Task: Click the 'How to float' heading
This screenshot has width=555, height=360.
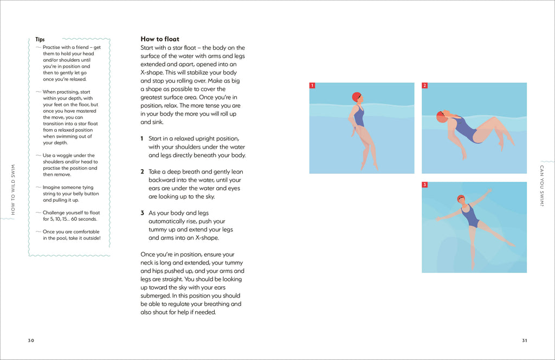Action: point(160,39)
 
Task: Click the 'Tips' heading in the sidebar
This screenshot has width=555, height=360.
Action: point(40,40)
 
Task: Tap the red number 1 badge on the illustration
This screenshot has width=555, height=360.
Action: point(312,86)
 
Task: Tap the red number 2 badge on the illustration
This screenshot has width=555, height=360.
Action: point(425,86)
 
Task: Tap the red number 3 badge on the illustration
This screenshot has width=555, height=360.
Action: point(425,185)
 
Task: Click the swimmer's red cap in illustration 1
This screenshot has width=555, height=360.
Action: point(356,97)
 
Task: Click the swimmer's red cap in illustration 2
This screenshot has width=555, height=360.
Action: point(441,117)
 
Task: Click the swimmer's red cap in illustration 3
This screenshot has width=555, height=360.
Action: point(461,198)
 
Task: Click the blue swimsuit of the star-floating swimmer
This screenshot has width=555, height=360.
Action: point(469,217)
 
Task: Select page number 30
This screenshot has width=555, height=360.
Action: point(31,340)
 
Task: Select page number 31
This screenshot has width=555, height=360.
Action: point(524,340)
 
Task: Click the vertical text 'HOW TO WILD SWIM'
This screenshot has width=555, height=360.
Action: point(13,190)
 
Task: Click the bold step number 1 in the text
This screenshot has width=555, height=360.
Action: point(142,139)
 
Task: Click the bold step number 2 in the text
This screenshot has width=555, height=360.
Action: point(142,172)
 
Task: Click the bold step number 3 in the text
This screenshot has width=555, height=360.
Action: point(142,213)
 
